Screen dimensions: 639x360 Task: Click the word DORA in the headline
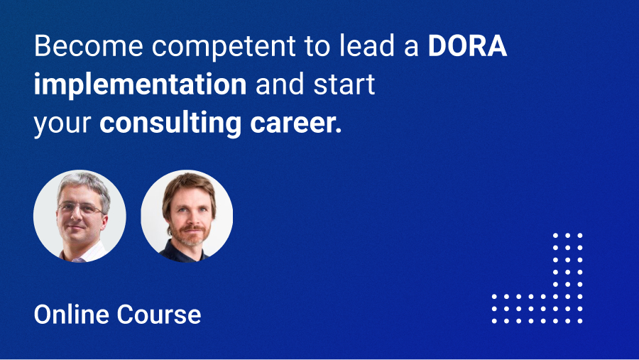click(x=467, y=45)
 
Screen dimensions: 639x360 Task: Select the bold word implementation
click(x=140, y=84)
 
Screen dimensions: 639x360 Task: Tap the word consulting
click(x=170, y=123)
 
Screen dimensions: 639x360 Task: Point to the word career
click(x=293, y=123)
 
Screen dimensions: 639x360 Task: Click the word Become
click(x=89, y=45)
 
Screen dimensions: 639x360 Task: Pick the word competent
click(x=224, y=47)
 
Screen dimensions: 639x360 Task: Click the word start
click(x=344, y=84)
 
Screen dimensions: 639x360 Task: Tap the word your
click(x=62, y=125)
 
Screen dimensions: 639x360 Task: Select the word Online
click(x=72, y=315)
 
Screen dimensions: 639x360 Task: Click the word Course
click(x=159, y=315)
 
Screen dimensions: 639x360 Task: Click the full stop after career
click(x=339, y=131)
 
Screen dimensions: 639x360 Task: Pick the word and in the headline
click(x=280, y=84)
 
